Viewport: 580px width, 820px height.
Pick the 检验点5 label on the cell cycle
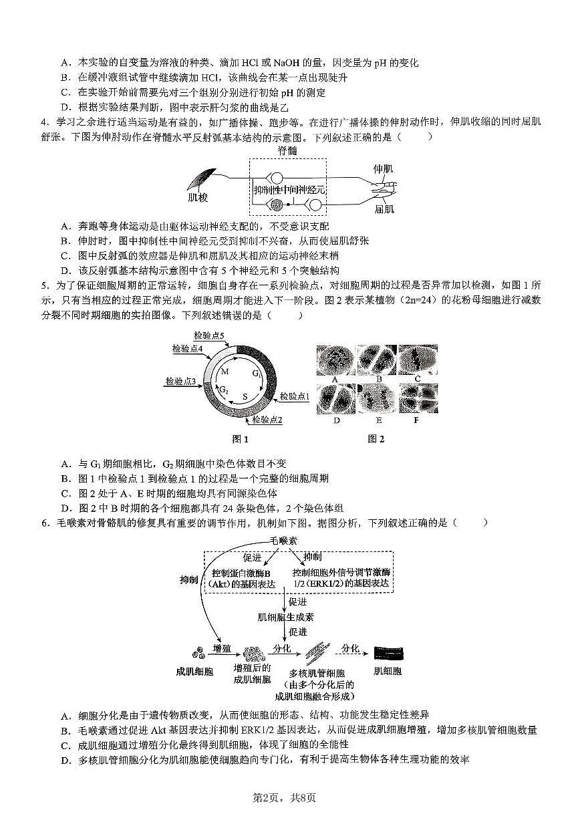[x=208, y=335]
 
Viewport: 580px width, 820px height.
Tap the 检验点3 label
[x=180, y=382]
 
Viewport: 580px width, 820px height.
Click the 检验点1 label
[x=295, y=396]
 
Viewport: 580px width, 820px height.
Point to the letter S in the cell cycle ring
[x=245, y=396]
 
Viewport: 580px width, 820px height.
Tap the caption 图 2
[x=376, y=439]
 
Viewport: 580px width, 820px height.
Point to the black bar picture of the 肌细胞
[x=388, y=652]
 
